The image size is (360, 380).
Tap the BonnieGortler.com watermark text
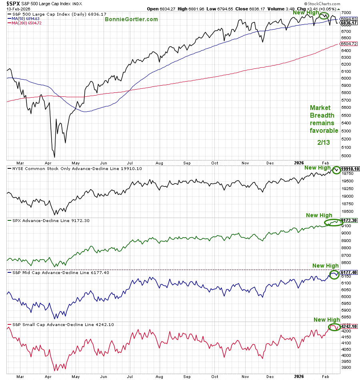(131, 19)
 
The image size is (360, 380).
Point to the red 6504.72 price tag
(349, 44)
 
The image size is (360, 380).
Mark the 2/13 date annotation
(323, 142)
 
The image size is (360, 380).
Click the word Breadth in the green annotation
(322, 116)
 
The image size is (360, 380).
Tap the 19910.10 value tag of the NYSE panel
(350, 169)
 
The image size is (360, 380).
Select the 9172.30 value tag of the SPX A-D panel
(349, 220)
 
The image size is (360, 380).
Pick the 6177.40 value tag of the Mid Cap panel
(349, 272)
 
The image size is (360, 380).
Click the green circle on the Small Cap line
(334, 327)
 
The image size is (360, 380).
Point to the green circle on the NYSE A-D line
(337, 170)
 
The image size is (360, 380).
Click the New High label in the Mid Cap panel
(325, 266)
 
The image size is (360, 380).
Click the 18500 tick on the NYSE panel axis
(347, 212)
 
